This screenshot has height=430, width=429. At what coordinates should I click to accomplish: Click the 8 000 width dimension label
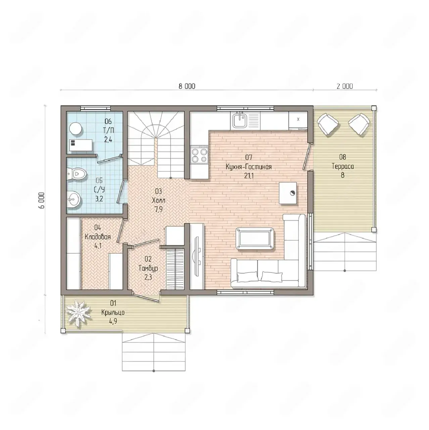(187, 86)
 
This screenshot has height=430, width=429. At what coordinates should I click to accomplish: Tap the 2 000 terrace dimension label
(345, 86)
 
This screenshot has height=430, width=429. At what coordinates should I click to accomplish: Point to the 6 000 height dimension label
(42, 200)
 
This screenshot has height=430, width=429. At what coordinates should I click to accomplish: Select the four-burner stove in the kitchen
(199, 155)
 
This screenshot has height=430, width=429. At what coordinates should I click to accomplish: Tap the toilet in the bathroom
(77, 173)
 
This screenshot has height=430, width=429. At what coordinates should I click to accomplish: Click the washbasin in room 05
(74, 199)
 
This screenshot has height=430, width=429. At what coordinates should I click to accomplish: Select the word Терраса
(343, 167)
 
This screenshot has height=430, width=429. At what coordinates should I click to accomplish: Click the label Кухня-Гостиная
(249, 167)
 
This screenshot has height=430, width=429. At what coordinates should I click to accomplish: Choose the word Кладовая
(98, 237)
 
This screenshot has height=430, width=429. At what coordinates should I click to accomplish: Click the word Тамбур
(148, 268)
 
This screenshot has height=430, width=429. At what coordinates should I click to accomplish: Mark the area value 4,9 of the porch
(113, 321)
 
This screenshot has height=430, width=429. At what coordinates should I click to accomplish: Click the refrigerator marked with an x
(298, 121)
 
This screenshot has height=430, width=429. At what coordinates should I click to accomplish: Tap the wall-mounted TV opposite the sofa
(197, 256)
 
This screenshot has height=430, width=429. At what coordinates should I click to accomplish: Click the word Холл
(158, 200)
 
